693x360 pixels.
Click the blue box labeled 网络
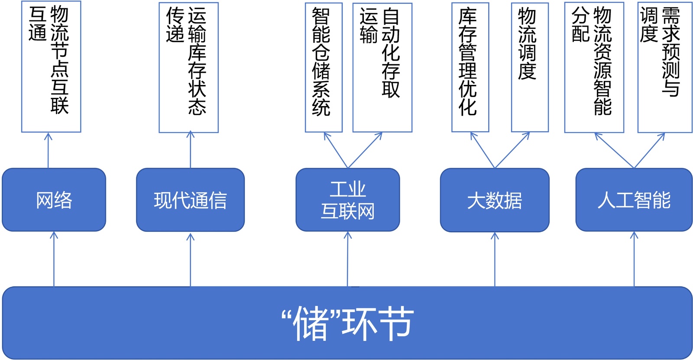54,200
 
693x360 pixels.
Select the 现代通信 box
190,200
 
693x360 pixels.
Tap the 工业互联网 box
347,200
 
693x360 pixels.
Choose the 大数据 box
495,200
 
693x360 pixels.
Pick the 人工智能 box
634,200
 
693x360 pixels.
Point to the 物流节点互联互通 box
51,67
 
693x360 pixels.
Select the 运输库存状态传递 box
188,67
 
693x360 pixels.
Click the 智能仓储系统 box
324,67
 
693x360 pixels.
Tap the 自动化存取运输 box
382,67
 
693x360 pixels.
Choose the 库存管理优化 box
470,67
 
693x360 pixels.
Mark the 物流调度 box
530,67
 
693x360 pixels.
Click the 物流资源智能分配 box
594,67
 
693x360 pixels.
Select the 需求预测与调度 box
664,67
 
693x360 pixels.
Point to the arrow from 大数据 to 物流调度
512,150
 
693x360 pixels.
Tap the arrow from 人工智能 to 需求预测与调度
649,150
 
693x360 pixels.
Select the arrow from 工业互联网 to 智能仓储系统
336,150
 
